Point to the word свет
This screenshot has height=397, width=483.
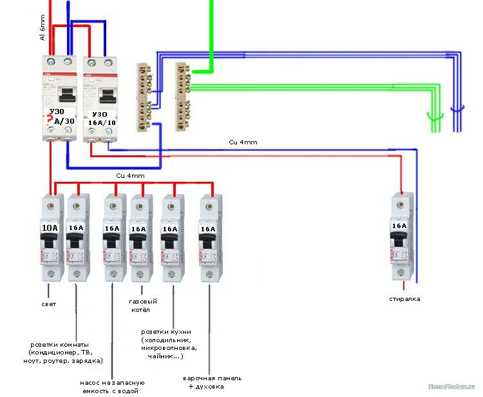(48, 304)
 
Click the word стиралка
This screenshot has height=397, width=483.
(404, 299)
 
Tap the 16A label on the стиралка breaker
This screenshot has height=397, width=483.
(400, 226)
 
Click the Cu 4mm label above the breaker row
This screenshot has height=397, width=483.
(130, 175)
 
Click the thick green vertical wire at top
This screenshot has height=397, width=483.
(209, 32)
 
